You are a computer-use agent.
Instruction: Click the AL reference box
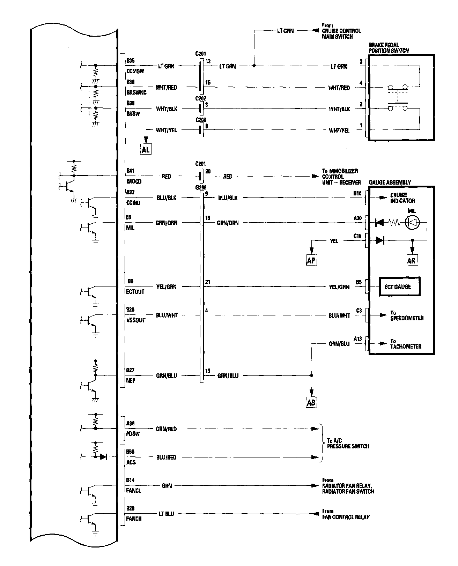146,150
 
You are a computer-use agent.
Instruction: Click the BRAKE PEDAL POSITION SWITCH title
389,48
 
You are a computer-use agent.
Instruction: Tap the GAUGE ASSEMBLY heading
390,183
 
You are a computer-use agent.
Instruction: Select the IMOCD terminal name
134,181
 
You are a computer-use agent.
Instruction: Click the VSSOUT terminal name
135,320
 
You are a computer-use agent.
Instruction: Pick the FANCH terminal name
134,519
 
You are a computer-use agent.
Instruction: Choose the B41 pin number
130,171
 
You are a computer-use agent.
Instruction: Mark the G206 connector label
201,187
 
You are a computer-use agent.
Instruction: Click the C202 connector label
200,98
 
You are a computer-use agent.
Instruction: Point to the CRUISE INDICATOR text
402,198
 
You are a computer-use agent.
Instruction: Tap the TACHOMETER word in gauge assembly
406,347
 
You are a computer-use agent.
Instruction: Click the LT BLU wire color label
167,514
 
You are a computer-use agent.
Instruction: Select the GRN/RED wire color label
166,429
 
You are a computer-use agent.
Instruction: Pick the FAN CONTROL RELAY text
346,517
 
